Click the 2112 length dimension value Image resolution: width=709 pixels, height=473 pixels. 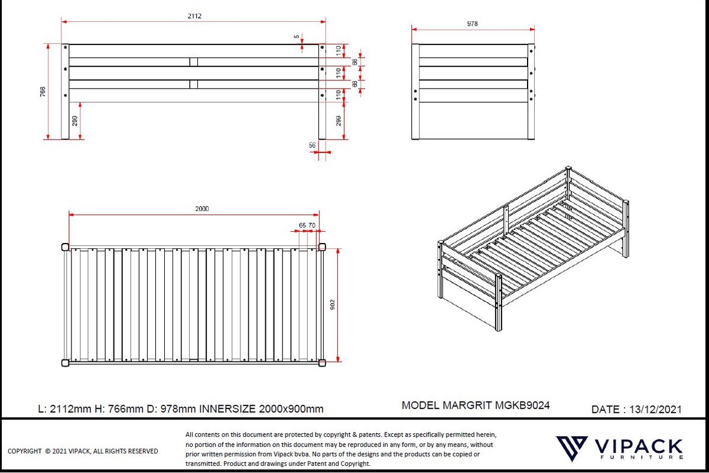click(194, 16)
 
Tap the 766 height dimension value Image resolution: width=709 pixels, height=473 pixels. click(43, 92)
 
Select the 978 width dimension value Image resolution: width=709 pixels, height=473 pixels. click(472, 24)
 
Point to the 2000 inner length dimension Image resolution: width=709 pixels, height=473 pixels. click(202, 209)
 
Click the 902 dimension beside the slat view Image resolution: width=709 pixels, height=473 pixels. click(332, 304)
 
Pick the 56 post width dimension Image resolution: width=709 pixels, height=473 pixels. click(312, 145)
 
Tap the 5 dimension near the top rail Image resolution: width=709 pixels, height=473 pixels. click(297, 37)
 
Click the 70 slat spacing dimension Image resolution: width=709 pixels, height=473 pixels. click(312, 225)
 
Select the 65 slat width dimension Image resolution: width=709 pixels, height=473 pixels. click(303, 225)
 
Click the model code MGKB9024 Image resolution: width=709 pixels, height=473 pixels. click(522, 405)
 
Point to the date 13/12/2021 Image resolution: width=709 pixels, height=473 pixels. click(655, 409)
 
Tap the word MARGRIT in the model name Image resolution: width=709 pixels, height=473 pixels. click(467, 405)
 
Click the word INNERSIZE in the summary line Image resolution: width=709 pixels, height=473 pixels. click(227, 409)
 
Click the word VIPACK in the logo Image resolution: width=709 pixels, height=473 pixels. click(639, 446)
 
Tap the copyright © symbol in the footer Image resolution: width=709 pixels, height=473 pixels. click(47, 451)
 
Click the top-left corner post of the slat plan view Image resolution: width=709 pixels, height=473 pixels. click(65, 247)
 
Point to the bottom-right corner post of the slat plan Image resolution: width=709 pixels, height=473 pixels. click(322, 363)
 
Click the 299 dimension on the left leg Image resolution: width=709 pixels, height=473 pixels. click(74, 121)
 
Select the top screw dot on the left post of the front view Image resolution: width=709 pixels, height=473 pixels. click(66, 47)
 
